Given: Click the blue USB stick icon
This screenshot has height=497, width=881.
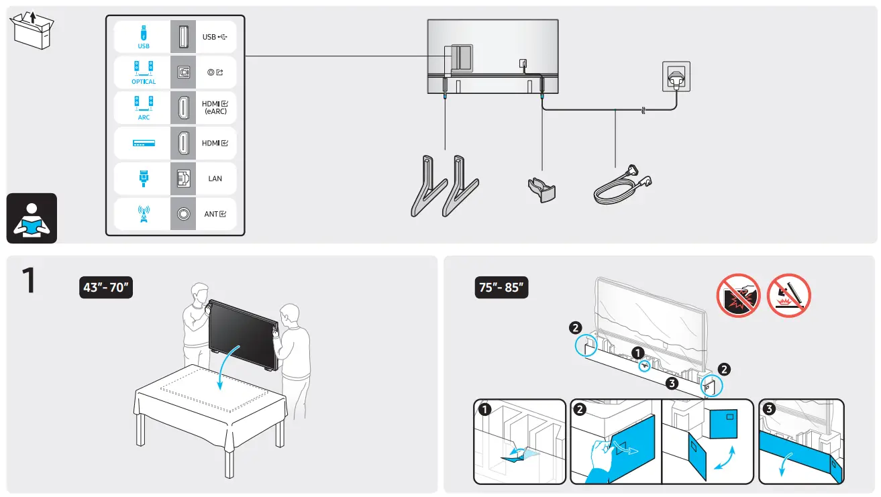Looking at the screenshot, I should click(x=144, y=34).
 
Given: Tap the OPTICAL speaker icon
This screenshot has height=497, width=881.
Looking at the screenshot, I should click(x=144, y=69).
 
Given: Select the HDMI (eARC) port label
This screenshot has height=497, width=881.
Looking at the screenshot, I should click(x=215, y=107).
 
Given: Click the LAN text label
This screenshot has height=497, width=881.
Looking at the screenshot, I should click(x=215, y=179).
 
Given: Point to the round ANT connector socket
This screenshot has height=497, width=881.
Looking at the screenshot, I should click(x=183, y=214).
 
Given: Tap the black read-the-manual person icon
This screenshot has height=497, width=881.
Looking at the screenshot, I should click(x=32, y=219).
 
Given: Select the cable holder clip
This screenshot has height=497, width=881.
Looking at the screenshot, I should click(x=541, y=189).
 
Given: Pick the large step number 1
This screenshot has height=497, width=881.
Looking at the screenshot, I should click(x=28, y=281).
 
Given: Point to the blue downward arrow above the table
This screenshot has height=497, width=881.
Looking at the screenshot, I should click(x=221, y=368).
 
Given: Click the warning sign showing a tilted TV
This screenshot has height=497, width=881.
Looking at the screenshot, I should click(x=788, y=295).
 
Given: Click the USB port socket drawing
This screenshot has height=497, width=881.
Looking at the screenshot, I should click(x=183, y=37).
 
